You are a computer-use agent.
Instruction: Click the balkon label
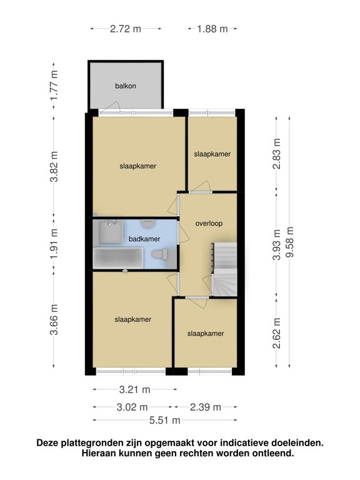(x=126, y=86)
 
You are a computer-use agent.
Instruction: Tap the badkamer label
(x=144, y=239)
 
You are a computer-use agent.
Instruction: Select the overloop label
(x=209, y=224)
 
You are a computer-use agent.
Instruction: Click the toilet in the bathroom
(x=160, y=254)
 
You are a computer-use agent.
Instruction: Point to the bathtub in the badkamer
(x=118, y=258)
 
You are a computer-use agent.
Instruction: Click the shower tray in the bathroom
(x=111, y=231)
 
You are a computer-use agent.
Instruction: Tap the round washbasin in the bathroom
(x=148, y=224)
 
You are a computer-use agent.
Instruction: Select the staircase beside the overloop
(x=225, y=269)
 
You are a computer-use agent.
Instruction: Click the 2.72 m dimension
(x=126, y=29)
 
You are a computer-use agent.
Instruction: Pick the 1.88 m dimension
(x=212, y=29)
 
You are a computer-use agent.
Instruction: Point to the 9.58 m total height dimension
(x=289, y=242)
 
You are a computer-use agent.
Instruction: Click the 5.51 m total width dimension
(x=165, y=420)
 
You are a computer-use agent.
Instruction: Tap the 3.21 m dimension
(x=135, y=390)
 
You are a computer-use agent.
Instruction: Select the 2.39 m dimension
(x=206, y=407)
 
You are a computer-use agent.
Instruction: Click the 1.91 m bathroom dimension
(x=54, y=244)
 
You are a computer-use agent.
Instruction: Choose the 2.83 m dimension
(x=276, y=154)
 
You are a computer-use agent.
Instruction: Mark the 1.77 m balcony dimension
(x=54, y=86)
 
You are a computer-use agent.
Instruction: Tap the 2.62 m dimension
(x=276, y=333)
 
